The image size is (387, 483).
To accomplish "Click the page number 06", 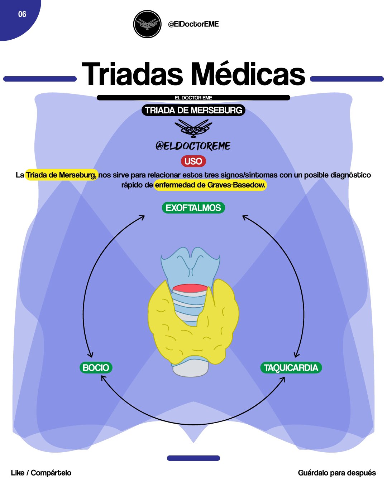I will [22, 14].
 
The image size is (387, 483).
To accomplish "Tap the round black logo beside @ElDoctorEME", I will [147, 24].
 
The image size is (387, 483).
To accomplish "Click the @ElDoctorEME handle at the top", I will [193, 24].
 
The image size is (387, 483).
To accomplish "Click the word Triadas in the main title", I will [132, 74].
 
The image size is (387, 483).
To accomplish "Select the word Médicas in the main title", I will [248, 74].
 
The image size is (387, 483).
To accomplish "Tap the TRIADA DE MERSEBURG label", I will [193, 110].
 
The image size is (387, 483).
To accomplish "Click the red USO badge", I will [193, 161].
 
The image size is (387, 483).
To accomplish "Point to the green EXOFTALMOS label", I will [193, 208].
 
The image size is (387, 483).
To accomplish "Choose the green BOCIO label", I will [96, 368].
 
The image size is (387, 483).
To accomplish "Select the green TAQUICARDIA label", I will [291, 368].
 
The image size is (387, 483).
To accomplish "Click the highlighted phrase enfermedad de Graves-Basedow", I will [210, 185].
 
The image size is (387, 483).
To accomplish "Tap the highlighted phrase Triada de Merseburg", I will [61, 175].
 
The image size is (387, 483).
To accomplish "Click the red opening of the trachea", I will [190, 288].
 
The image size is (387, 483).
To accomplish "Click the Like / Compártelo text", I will [41, 473].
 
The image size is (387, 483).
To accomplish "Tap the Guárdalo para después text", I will [337, 473].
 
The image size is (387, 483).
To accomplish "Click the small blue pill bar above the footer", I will [193, 458].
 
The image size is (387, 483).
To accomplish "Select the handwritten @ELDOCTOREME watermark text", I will [193, 146].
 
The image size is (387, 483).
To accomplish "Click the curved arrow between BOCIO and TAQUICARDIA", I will [193, 425].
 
